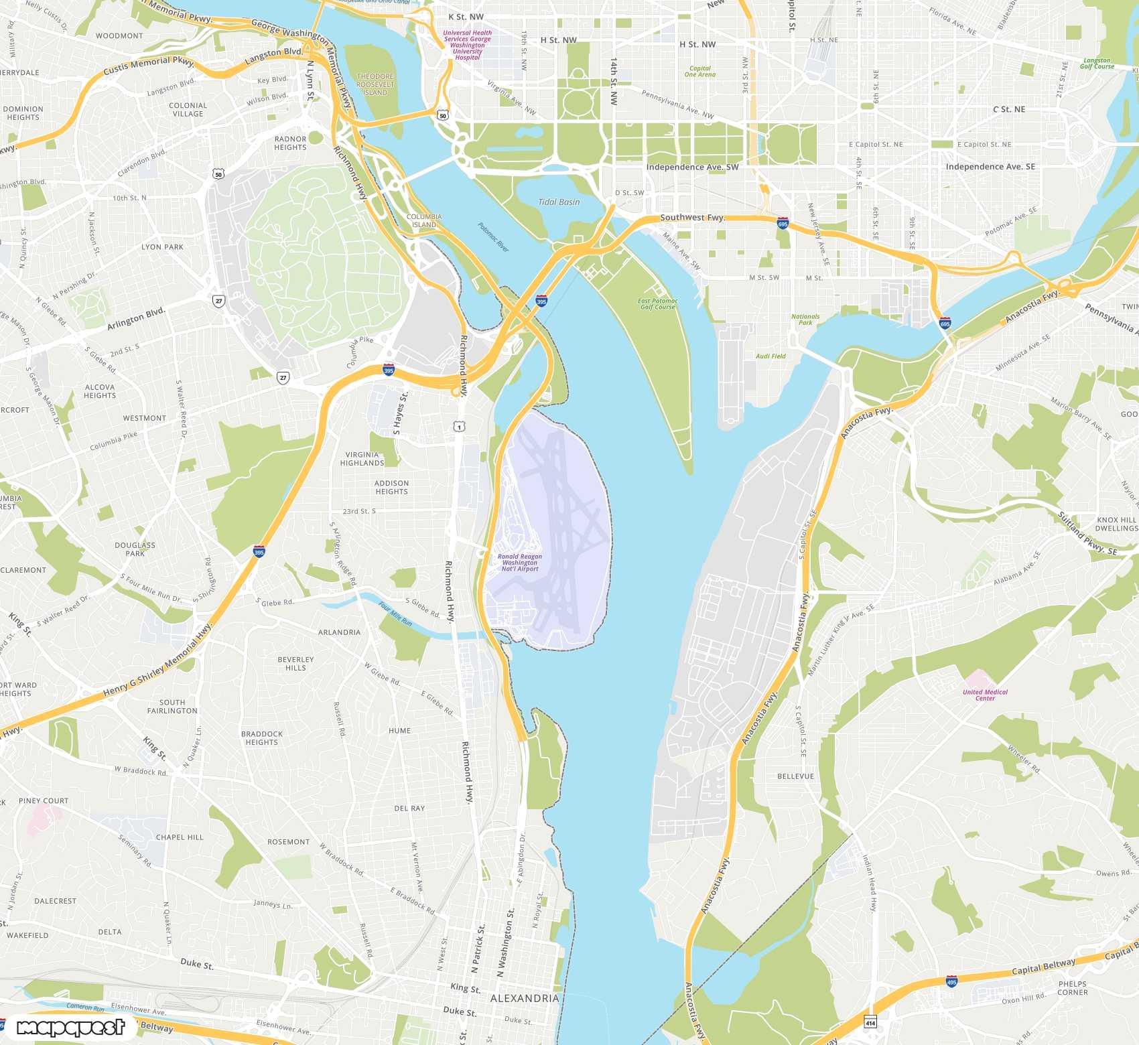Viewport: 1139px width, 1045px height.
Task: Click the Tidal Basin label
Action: point(559,202)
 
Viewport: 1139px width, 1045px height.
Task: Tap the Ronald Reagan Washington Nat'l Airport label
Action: point(520,563)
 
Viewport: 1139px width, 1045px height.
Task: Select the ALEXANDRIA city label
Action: point(524,998)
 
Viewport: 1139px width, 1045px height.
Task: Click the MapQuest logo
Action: point(70,1028)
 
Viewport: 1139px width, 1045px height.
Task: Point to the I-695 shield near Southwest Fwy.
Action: point(783,224)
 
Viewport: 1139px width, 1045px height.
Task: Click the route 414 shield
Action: point(870,1023)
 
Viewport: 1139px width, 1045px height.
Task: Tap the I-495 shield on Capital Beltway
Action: point(951,982)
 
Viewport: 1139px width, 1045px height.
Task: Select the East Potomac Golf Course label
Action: point(657,304)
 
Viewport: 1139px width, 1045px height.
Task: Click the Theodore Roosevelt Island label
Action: point(375,84)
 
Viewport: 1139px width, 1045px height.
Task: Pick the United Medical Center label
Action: point(985,695)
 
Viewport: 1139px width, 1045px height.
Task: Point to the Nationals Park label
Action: point(805,320)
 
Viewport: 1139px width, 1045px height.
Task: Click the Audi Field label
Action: point(770,356)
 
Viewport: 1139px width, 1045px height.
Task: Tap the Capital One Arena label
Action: point(699,71)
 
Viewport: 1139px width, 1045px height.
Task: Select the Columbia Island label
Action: point(424,220)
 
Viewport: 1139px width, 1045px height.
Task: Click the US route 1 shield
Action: point(459,427)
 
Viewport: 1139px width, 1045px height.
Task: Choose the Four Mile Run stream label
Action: point(395,614)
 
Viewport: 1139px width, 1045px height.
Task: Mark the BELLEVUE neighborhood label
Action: point(795,776)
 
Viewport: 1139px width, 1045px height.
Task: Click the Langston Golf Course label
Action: point(1097,63)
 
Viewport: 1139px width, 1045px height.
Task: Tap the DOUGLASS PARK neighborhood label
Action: point(135,549)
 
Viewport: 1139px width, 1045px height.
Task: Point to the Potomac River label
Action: point(494,237)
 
